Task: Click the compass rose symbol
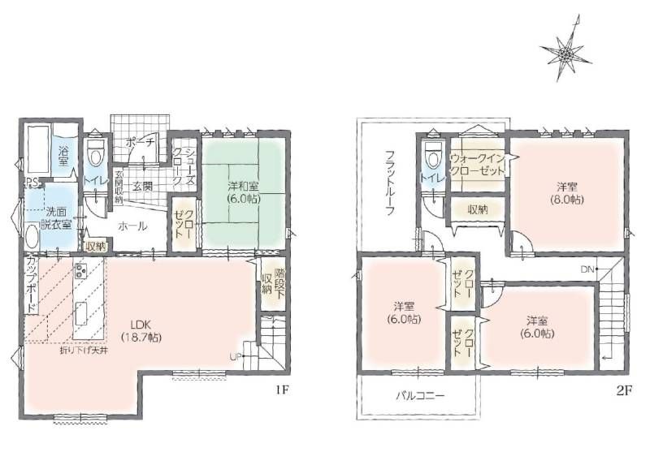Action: (565, 52)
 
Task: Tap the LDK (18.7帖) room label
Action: (141, 330)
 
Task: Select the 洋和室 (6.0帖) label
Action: (243, 192)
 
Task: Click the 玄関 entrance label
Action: (142, 187)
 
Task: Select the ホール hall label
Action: (132, 226)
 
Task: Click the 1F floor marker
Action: (280, 390)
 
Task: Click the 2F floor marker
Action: (624, 390)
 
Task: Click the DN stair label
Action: (587, 269)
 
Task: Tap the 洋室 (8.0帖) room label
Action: (566, 193)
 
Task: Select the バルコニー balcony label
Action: (420, 396)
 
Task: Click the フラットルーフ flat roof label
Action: (389, 183)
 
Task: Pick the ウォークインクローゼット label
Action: (477, 164)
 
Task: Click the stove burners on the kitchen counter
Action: (80, 270)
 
